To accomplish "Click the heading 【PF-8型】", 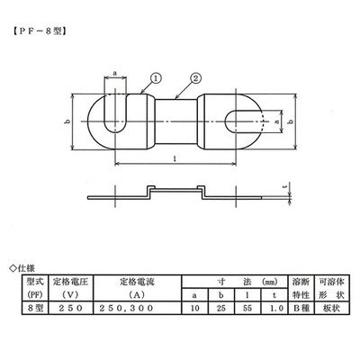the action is click(x=39, y=31).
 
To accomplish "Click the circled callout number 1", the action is click(x=156, y=78).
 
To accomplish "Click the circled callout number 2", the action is click(x=195, y=78).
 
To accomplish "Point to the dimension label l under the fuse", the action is click(x=175, y=158).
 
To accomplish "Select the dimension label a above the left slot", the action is click(x=115, y=73).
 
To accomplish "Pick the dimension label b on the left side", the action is click(x=68, y=121).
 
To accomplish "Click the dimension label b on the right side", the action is click(x=290, y=121).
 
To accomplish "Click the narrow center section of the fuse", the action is click(x=175, y=121).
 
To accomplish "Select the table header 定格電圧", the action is click(x=70, y=282).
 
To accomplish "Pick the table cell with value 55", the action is click(x=247, y=309).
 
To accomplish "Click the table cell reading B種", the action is click(x=301, y=309).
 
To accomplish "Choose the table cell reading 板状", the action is click(x=332, y=309).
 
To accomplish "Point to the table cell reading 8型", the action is click(x=35, y=309).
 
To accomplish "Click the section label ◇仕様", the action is click(x=22, y=268).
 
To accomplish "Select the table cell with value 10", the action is click(x=195, y=309).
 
